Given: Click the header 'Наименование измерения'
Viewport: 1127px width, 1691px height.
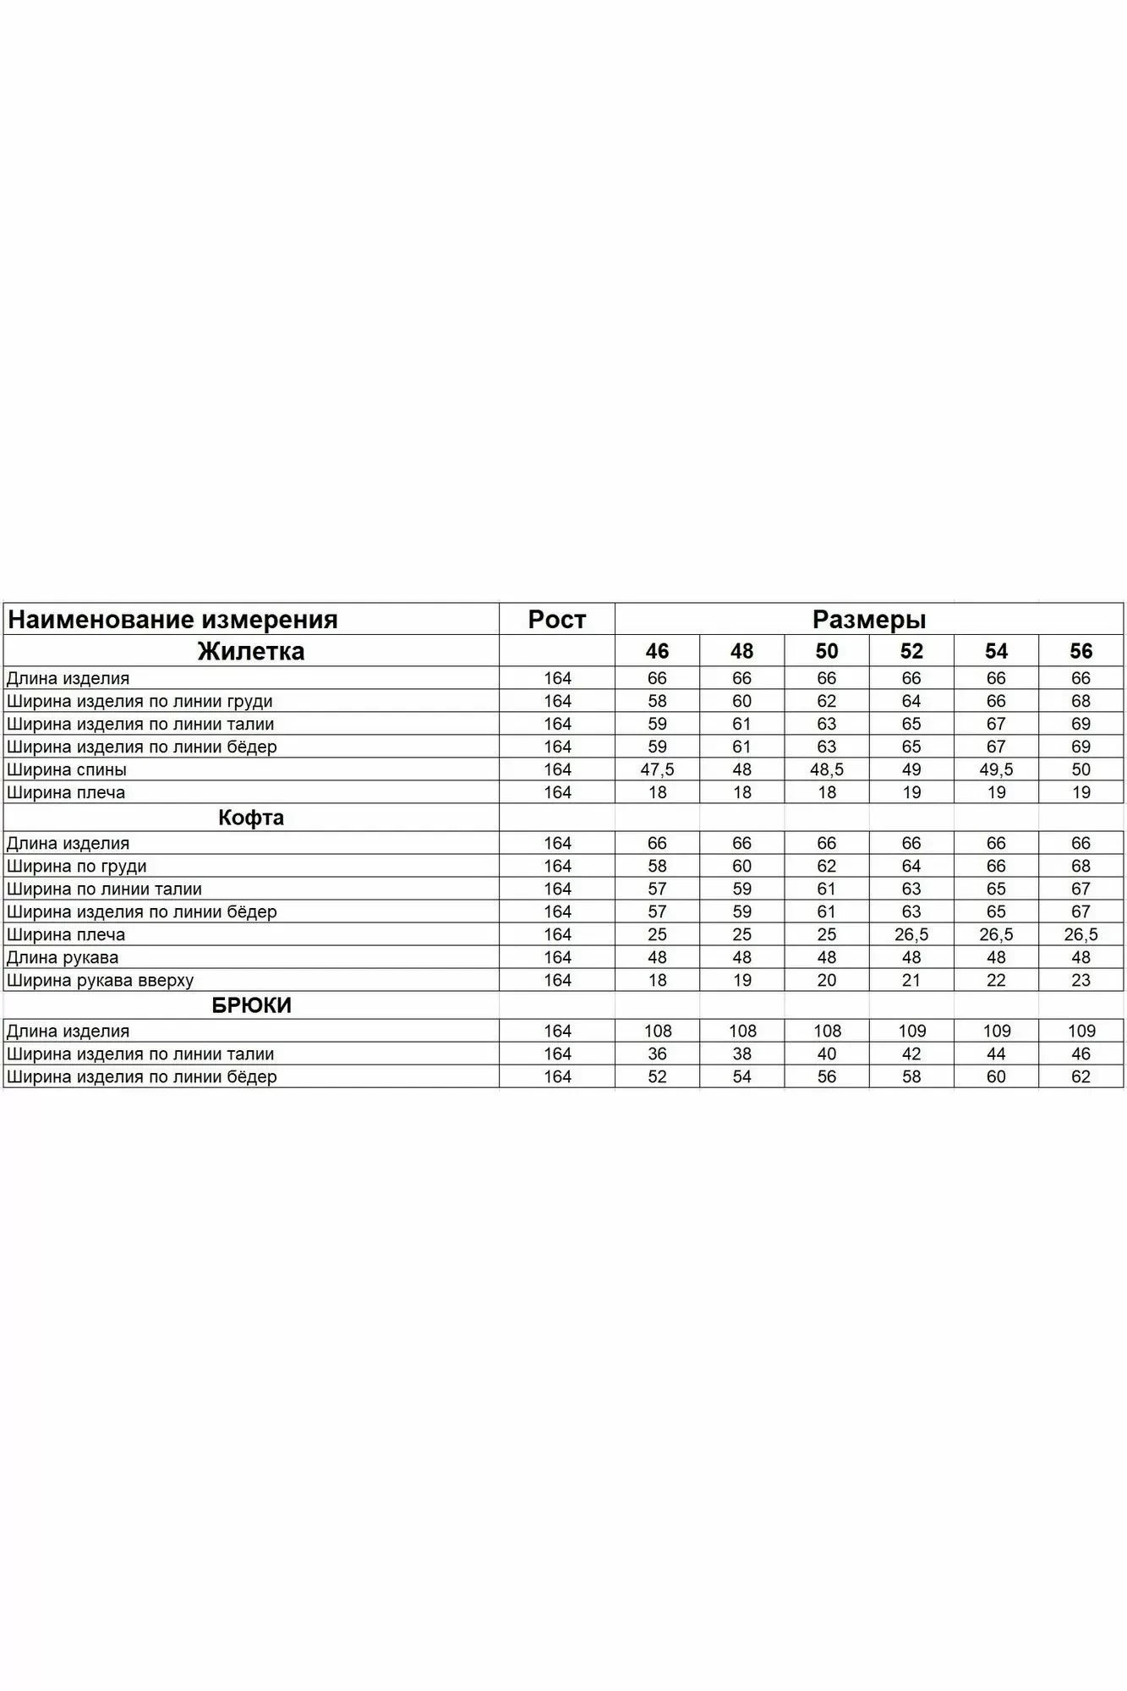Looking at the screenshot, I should point(172,620).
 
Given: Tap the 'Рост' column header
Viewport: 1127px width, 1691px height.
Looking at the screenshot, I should point(557,620).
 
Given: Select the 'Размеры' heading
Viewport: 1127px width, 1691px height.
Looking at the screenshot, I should point(869,620).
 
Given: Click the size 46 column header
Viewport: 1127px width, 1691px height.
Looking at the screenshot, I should point(657,651).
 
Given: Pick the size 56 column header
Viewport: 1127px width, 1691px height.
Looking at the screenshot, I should point(1080,651).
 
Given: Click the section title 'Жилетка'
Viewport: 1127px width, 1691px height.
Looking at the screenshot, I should point(251,651).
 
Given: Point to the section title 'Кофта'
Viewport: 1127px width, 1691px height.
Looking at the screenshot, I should point(251,818).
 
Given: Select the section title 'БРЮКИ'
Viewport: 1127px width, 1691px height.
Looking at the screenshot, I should point(251,1005).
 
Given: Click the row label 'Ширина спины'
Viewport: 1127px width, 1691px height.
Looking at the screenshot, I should point(67,769).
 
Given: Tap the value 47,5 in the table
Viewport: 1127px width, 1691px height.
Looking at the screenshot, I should point(657,769).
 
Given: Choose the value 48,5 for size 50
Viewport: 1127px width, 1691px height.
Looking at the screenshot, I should point(827,769).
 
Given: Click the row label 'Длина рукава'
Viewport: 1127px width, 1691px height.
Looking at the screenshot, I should point(63,957).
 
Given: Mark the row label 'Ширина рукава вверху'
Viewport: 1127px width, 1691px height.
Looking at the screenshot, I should point(100,980).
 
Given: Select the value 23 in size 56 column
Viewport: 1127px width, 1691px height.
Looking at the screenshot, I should point(1080,980).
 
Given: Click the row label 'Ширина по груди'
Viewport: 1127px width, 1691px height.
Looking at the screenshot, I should point(76,866).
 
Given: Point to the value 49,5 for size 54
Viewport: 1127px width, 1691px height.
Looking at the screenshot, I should point(996,769).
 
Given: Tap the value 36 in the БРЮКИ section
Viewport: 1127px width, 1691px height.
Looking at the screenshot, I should point(657,1053).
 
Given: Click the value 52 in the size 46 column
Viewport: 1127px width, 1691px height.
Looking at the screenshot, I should point(657,1076).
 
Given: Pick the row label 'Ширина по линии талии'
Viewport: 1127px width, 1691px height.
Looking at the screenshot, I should point(104,889).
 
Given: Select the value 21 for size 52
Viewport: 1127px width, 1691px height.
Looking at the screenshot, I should point(911,980).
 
